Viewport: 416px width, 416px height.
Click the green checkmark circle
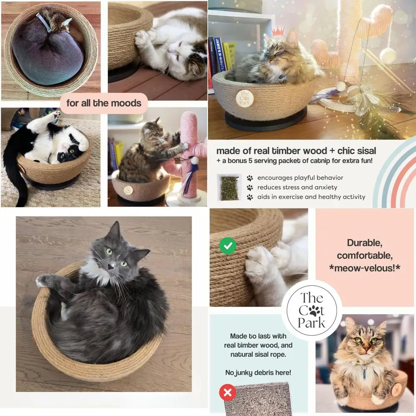coord(228,246)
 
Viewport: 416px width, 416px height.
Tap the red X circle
coord(228,392)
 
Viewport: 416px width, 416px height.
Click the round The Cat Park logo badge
coord(312,310)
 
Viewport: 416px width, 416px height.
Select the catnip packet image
coord(229,187)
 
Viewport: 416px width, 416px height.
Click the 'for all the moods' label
coord(104,103)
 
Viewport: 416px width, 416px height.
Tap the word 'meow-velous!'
coord(364,268)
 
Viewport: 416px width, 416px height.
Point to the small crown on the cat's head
coord(278,31)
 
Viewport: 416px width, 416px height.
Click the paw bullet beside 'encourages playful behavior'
coord(250,178)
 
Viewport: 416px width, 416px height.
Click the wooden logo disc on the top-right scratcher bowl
coord(244,98)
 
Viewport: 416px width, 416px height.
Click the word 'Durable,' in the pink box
coord(364,243)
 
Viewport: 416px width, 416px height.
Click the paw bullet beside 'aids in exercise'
coord(250,197)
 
